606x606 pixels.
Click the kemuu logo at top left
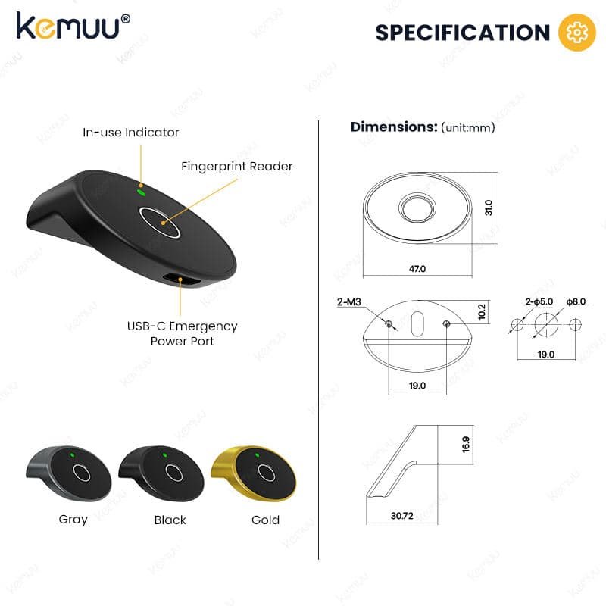(x=73, y=26)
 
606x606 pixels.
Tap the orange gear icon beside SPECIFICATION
(x=576, y=33)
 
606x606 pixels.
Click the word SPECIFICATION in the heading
(x=463, y=33)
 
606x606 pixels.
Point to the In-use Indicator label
(x=130, y=133)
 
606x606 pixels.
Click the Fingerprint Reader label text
(x=236, y=167)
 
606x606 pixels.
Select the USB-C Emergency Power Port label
(x=182, y=333)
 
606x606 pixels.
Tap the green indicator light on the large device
(x=142, y=192)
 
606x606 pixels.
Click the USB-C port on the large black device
(x=181, y=280)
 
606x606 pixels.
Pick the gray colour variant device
(x=69, y=473)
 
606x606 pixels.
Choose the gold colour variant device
(x=253, y=473)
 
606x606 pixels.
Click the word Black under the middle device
(x=170, y=520)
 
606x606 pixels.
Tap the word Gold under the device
(x=266, y=520)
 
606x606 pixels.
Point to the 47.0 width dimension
(x=417, y=269)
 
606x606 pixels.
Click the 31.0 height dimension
(x=489, y=208)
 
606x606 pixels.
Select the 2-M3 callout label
(x=349, y=301)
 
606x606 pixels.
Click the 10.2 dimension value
(x=482, y=311)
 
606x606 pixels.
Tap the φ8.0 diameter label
(x=576, y=301)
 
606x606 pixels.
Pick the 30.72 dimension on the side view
(x=402, y=516)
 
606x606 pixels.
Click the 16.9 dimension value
(x=466, y=445)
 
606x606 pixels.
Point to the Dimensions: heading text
(x=394, y=127)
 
